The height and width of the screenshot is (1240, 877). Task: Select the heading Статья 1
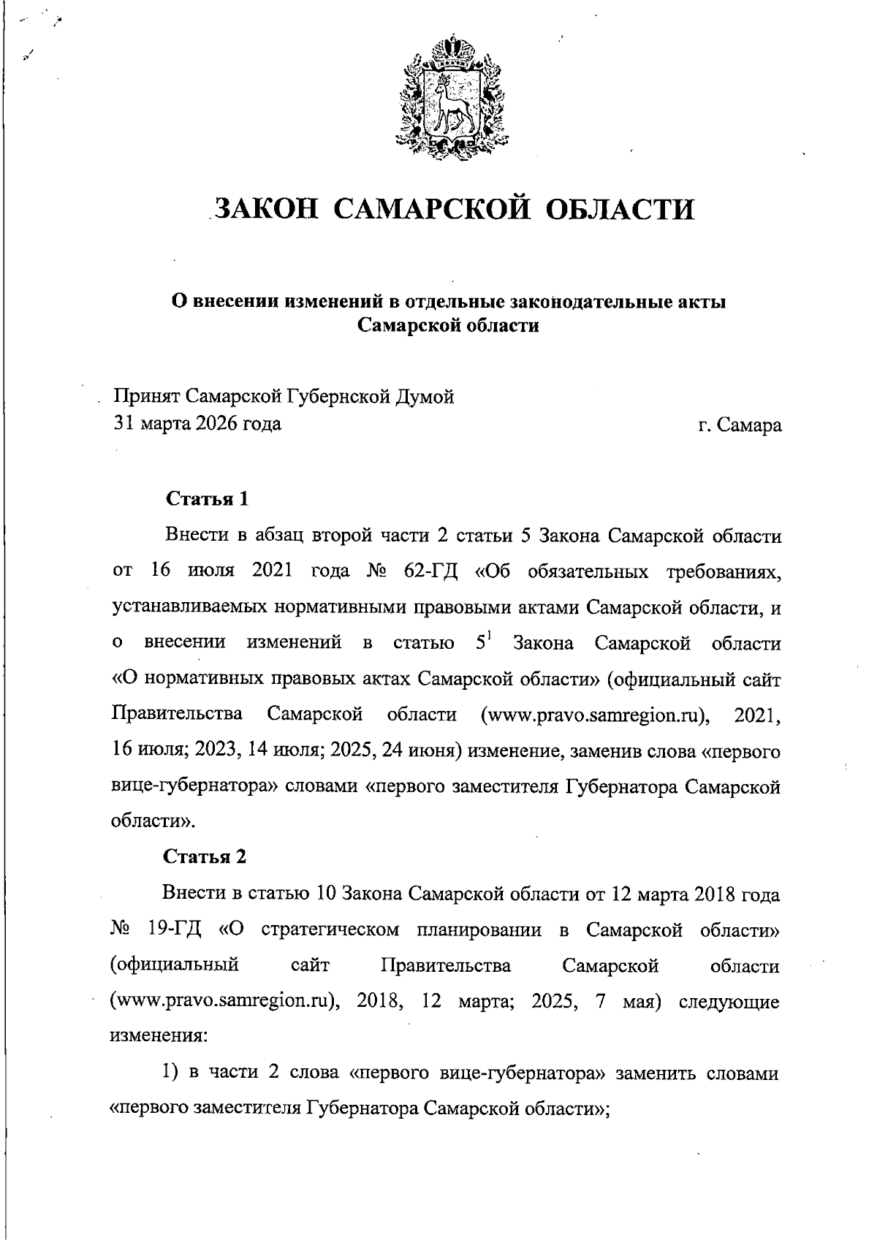[208, 499]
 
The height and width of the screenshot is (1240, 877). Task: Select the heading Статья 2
[205, 856]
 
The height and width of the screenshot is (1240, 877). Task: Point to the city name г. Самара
[740, 424]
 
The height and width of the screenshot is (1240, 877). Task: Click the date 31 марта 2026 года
[197, 423]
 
